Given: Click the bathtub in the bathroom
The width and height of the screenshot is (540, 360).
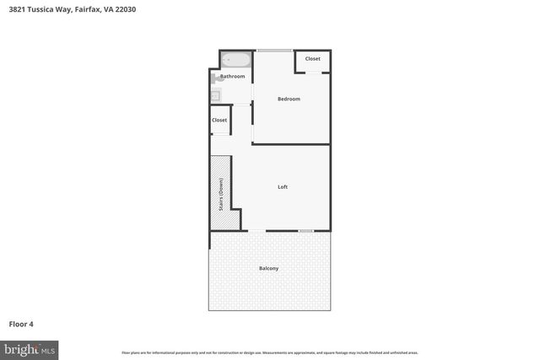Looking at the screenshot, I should coord(236,61).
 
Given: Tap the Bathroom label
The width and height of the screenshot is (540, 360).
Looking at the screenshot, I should coord(233,77).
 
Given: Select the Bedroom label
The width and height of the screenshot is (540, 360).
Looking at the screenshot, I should coord(289,99).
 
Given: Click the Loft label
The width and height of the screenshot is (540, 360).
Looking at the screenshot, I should coord(283,186).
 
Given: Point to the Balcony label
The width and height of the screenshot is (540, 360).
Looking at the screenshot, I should coord(268,268).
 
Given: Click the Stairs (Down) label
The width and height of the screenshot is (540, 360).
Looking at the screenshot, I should coord(221,194).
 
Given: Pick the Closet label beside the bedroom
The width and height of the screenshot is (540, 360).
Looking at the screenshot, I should coord(312,59).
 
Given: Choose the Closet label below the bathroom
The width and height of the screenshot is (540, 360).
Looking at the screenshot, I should coord(219,120).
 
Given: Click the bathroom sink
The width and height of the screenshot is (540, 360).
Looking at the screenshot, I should coord(215,96).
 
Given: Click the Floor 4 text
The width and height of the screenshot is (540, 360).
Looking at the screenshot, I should coord(21,323).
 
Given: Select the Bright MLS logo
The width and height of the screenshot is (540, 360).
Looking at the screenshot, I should coord(30,348).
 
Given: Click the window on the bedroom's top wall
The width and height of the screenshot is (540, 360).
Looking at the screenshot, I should coord(275,51).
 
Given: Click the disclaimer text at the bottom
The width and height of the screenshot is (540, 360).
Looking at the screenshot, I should coord(269,352).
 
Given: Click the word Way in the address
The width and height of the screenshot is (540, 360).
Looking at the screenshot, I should coord(63,9).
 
